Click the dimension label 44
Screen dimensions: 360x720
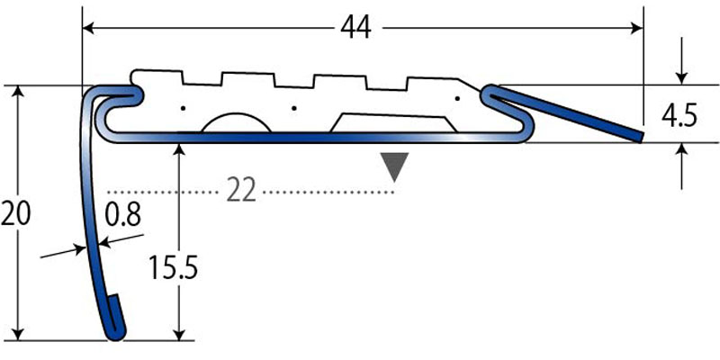pos(356,29)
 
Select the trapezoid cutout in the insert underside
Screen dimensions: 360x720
pos(392,123)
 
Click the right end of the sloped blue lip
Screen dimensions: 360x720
pos(640,137)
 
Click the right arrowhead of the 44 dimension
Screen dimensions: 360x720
pos(638,29)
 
